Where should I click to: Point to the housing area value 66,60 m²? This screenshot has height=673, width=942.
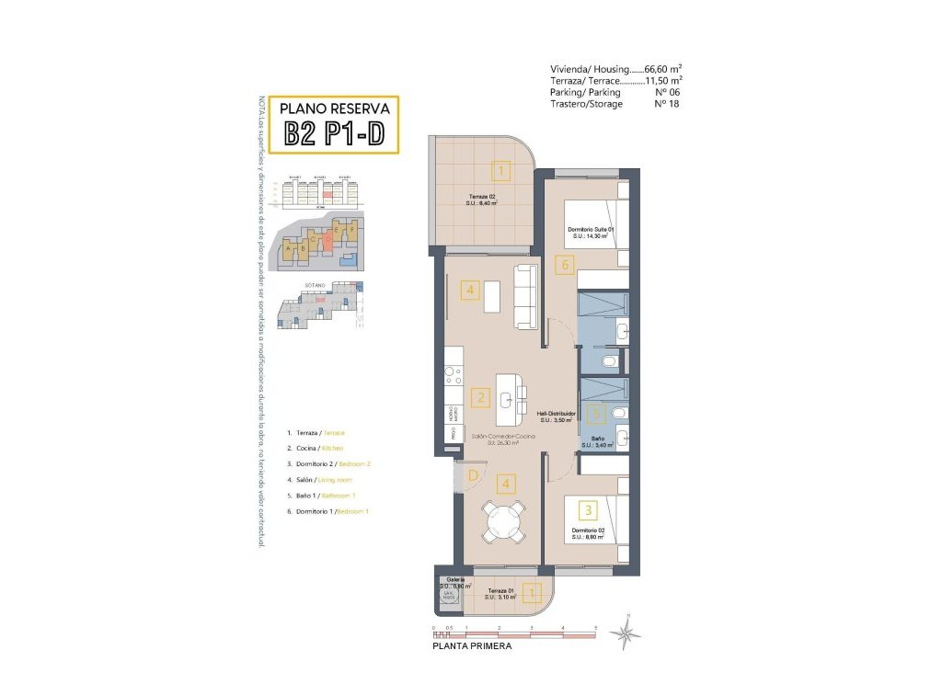(662, 69)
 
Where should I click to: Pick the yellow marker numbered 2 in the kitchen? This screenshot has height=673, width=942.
(479, 398)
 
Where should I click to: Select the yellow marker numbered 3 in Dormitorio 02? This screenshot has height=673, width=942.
(586, 508)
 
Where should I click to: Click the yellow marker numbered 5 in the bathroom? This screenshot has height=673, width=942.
(595, 414)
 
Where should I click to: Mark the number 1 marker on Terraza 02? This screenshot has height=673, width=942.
(500, 170)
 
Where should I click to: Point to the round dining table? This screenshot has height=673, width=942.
(505, 522)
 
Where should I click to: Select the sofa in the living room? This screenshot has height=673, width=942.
(525, 296)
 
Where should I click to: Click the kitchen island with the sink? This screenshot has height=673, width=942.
(509, 399)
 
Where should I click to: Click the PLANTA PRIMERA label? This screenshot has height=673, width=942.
(471, 646)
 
